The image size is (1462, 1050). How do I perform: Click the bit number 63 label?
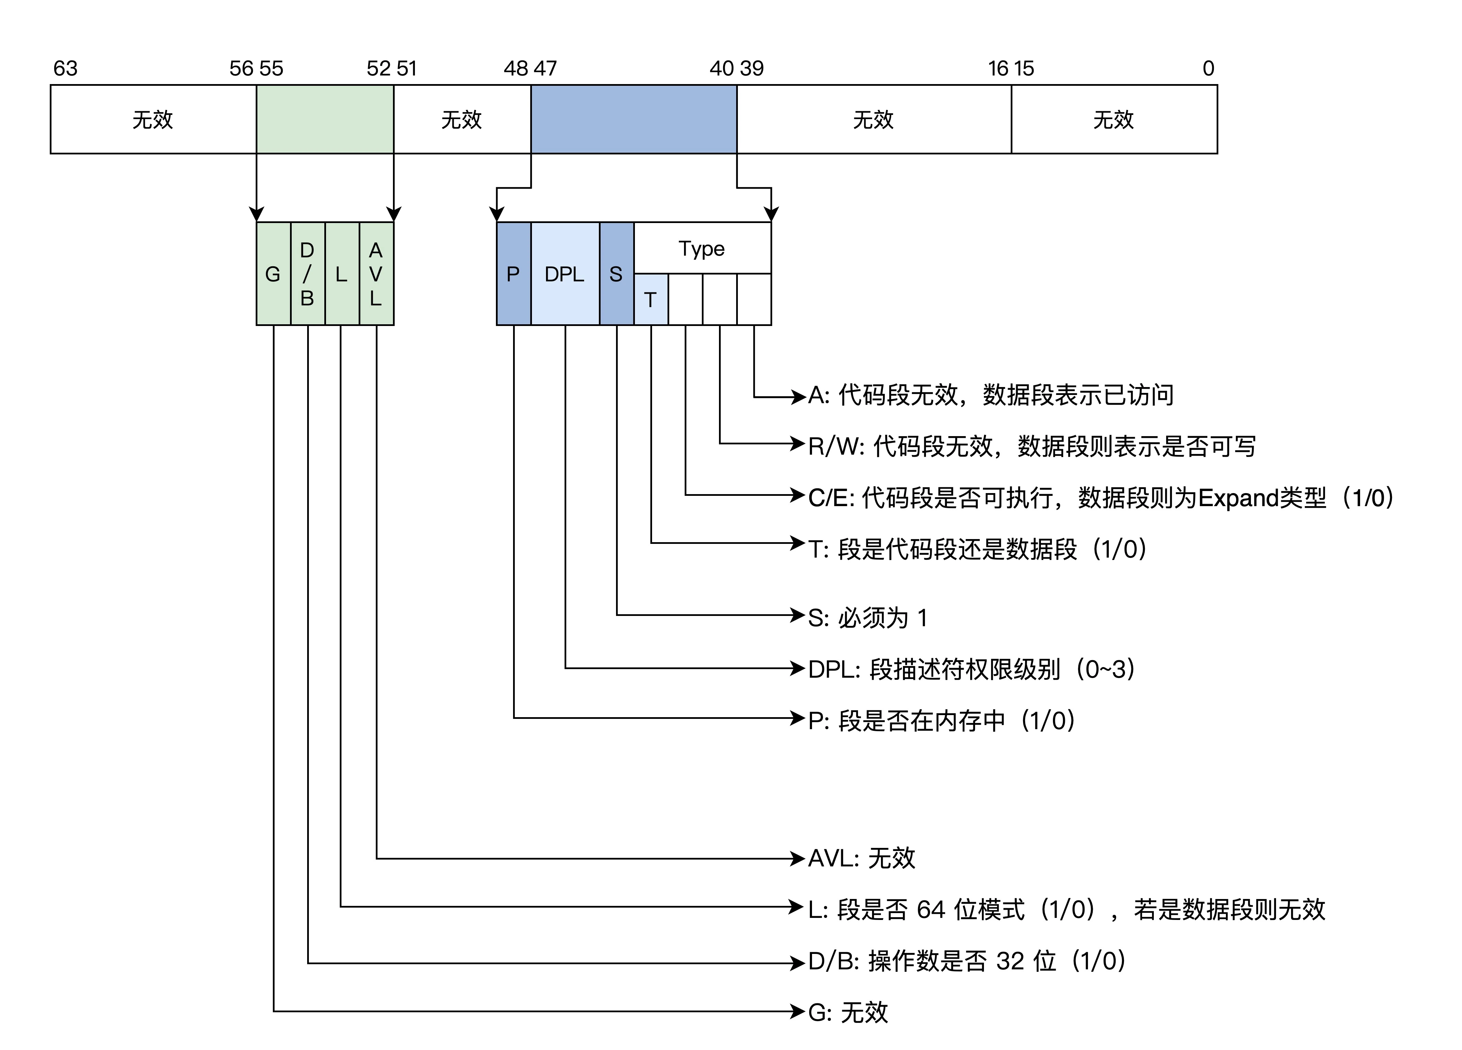65,68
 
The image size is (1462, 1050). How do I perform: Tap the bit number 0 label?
1208,68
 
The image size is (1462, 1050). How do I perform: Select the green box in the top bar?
325,119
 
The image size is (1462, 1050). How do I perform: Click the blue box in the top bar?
634,119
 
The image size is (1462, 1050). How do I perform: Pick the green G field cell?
273,274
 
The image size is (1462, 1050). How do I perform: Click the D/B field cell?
308,274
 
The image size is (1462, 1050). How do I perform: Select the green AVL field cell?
376,274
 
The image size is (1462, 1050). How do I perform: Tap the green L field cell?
342,274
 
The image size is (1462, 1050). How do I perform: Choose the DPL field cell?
565,274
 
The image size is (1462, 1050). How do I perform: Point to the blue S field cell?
616,274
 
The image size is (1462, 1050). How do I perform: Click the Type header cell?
702,248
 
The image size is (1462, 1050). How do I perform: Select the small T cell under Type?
650,300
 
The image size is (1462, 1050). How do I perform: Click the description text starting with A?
991,395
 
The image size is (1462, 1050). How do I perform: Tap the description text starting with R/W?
1031,446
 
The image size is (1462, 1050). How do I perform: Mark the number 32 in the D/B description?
1009,961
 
